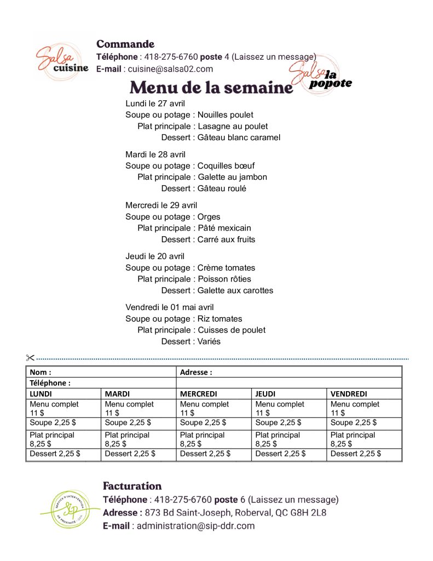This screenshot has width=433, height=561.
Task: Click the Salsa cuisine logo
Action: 61,59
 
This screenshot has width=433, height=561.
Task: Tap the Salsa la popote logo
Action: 320,79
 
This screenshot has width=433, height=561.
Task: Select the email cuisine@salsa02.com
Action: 170,69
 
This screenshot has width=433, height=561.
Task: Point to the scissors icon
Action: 30,358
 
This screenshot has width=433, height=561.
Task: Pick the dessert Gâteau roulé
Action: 222,188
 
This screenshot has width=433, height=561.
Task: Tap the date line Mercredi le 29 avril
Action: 161,205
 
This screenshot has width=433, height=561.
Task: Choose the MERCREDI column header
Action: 199,394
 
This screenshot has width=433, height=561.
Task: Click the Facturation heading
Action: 132,486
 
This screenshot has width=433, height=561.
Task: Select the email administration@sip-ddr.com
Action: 195,526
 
